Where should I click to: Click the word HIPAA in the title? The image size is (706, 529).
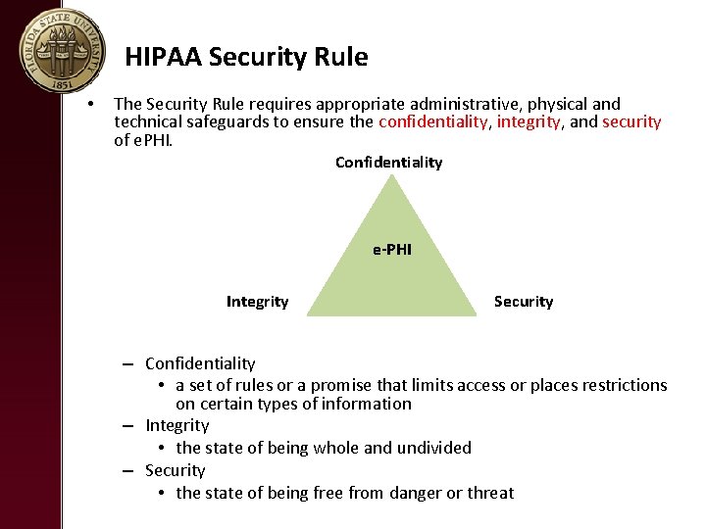click(164, 58)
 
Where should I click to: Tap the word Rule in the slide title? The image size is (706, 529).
click(343, 58)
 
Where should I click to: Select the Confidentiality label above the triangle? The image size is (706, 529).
click(388, 162)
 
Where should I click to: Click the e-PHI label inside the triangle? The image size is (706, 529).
click(392, 250)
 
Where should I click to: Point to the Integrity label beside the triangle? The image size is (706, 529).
click(257, 302)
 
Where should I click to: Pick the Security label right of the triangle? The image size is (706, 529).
click(524, 302)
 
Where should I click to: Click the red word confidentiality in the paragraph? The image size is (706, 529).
click(432, 122)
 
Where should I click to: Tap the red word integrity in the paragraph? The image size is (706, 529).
click(529, 122)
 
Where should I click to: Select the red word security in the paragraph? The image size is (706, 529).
click(631, 122)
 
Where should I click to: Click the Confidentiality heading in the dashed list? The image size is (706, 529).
click(200, 363)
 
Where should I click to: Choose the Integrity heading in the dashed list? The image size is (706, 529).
click(177, 425)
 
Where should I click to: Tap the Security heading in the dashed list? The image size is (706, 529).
click(176, 470)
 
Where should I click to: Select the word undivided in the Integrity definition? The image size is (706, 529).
click(434, 448)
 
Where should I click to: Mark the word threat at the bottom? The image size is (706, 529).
click(489, 493)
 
